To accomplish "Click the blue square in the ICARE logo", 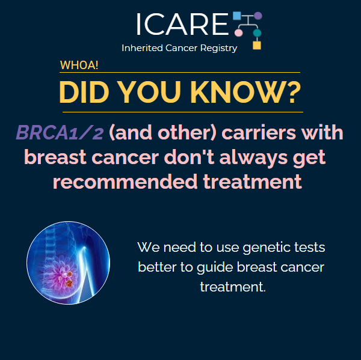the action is (x=236, y=16).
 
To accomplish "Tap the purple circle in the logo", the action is (x=258, y=16).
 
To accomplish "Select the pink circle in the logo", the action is (x=238, y=32).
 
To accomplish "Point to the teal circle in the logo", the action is (x=257, y=32).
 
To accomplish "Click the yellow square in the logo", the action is (x=257, y=45).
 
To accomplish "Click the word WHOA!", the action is (x=79, y=65).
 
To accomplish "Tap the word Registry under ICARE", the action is (x=219, y=49).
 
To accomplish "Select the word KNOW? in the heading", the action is (x=245, y=92).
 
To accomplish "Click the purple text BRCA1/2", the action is (x=60, y=132).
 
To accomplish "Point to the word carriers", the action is (x=259, y=133).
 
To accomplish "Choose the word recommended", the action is (x=125, y=182).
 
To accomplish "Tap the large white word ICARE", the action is (x=182, y=24).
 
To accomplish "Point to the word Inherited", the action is (x=142, y=48).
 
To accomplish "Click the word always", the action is (x=253, y=157).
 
